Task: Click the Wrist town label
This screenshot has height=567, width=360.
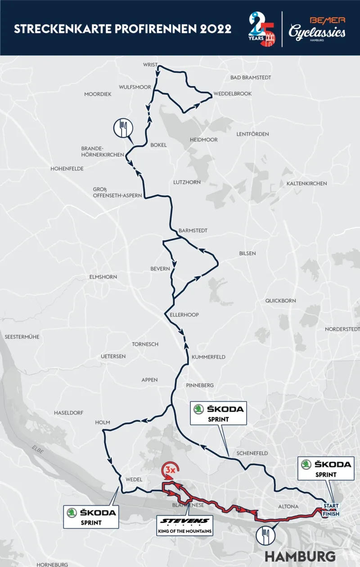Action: point(150,65)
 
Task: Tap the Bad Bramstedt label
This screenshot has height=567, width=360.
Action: point(251,77)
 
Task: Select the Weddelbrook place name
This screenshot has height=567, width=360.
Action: point(233,94)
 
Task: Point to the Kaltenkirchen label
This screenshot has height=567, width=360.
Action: point(306,184)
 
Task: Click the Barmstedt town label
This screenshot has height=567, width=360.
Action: point(193,230)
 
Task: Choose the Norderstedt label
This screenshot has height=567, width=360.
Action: point(342,329)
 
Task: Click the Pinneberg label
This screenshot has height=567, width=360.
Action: point(200,386)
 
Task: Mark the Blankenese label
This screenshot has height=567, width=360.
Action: point(189,505)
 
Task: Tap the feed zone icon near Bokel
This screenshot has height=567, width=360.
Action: point(123,128)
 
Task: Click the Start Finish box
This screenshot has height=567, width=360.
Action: point(331,510)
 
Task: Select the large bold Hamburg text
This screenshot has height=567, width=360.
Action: point(300,555)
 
